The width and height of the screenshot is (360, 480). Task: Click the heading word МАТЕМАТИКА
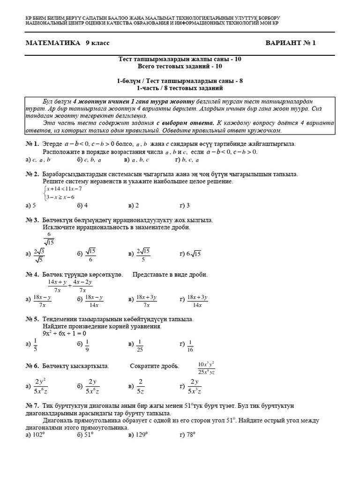tap(52, 43)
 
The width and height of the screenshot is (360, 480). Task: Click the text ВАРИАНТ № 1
tap(291, 43)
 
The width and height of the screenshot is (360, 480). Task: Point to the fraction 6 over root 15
tap(49, 239)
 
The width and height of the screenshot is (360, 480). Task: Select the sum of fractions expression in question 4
tap(70, 286)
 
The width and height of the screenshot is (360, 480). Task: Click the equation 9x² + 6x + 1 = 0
tap(64, 333)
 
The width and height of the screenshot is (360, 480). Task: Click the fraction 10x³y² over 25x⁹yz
tap(206, 368)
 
